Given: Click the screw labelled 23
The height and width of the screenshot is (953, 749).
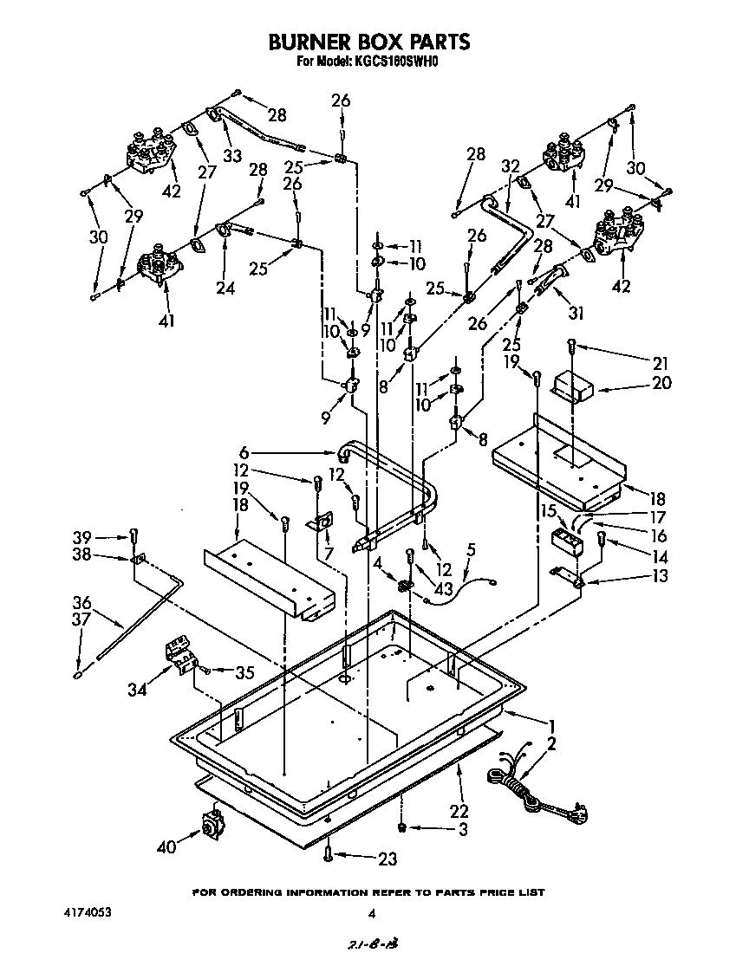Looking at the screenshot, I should (328, 854).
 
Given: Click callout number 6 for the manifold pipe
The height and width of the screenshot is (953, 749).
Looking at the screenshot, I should (244, 451).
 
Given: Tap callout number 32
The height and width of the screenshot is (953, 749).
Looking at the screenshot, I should (510, 165).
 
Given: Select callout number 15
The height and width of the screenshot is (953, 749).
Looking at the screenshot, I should (547, 511).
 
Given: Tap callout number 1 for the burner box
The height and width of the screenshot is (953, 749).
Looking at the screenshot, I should (550, 724).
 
